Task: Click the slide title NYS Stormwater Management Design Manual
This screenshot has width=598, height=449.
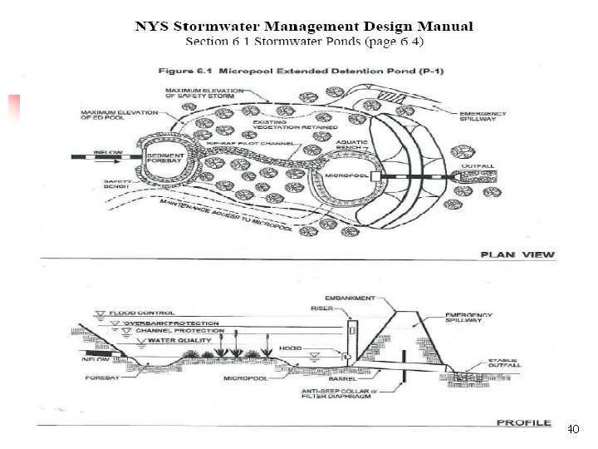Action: coord(304,27)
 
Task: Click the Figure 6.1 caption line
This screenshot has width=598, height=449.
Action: coord(301,71)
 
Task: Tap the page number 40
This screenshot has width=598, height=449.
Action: coord(572,430)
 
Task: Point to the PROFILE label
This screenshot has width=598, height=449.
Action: coord(523,422)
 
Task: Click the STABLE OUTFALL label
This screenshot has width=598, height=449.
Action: coord(505,363)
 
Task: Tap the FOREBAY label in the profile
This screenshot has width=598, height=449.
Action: coord(100,377)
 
